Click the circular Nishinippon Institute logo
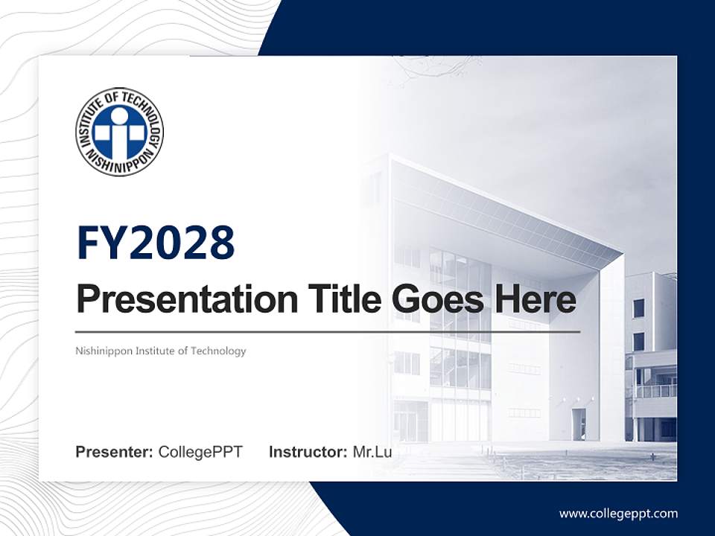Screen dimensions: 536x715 click(x=119, y=131)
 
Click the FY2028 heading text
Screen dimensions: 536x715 click(x=156, y=243)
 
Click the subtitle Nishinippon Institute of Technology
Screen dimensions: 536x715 click(x=161, y=351)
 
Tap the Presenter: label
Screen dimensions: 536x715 click(x=115, y=452)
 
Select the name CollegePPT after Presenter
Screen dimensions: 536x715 click(x=200, y=452)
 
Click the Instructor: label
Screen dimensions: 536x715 click(x=308, y=452)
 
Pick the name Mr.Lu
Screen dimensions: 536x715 click(x=372, y=452)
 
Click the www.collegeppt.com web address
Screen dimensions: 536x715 click(x=618, y=514)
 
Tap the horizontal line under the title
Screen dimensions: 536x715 click(x=328, y=331)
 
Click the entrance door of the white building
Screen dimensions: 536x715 click(x=579, y=424)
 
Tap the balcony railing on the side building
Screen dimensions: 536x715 click(x=655, y=391)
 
